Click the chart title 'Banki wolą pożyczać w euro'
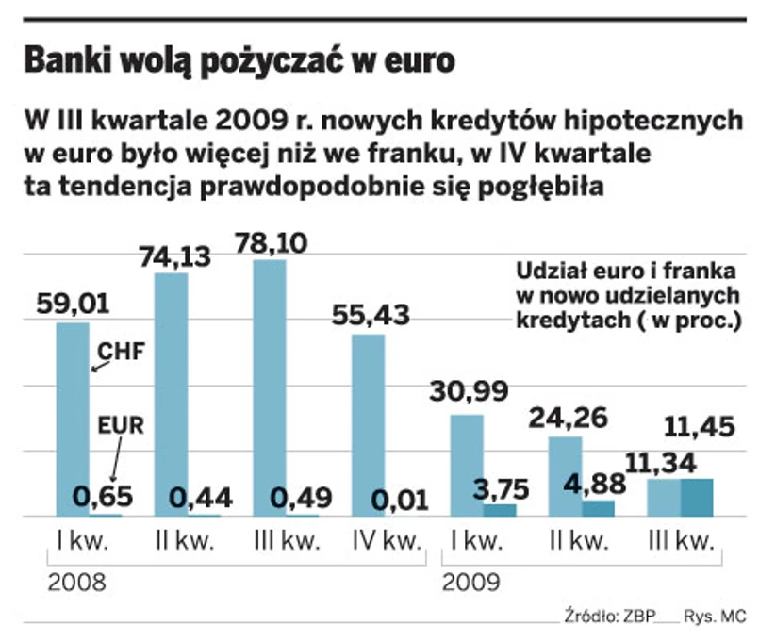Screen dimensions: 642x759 coord(239,61)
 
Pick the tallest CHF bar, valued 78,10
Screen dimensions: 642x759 coord(270,387)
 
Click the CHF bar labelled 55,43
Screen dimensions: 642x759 coord(369,425)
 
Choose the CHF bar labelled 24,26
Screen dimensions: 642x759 coord(565,476)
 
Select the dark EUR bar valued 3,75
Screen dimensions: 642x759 coord(500,510)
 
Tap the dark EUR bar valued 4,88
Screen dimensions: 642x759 coord(598,508)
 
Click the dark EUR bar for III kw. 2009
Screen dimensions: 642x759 coord(697,497)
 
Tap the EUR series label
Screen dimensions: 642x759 coord(121,425)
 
